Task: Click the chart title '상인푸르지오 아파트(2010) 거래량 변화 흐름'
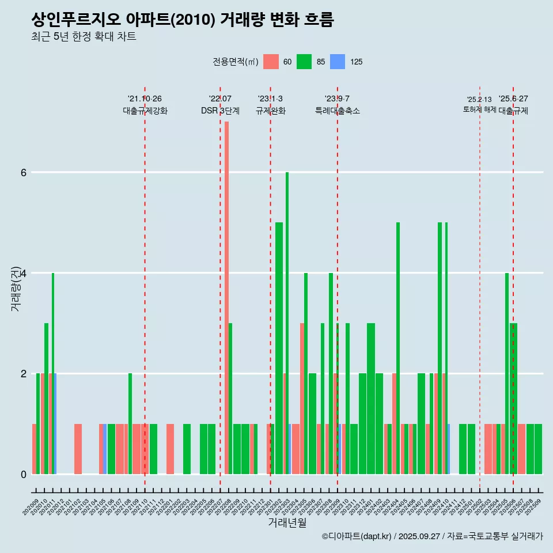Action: (x=183, y=20)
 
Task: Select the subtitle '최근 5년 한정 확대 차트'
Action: (x=84, y=37)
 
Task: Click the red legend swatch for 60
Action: (x=271, y=62)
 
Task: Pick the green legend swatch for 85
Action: (x=304, y=62)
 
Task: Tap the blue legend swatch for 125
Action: (x=338, y=62)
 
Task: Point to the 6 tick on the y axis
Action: (x=24, y=173)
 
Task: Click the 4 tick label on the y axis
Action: (x=24, y=273)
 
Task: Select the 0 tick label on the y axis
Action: (x=24, y=474)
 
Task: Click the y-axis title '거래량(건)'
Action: (x=16, y=288)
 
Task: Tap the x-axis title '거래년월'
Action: (x=287, y=522)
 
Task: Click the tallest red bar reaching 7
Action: (x=227, y=288)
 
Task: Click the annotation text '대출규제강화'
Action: (x=145, y=111)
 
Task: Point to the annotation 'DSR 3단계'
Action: (x=220, y=111)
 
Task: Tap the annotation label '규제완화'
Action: (x=270, y=111)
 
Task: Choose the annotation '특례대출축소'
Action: (x=338, y=111)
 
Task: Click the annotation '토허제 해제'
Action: (x=479, y=109)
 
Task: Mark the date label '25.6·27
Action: (x=513, y=99)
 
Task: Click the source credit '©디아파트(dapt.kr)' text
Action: (x=357, y=536)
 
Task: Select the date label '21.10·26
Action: (x=145, y=99)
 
